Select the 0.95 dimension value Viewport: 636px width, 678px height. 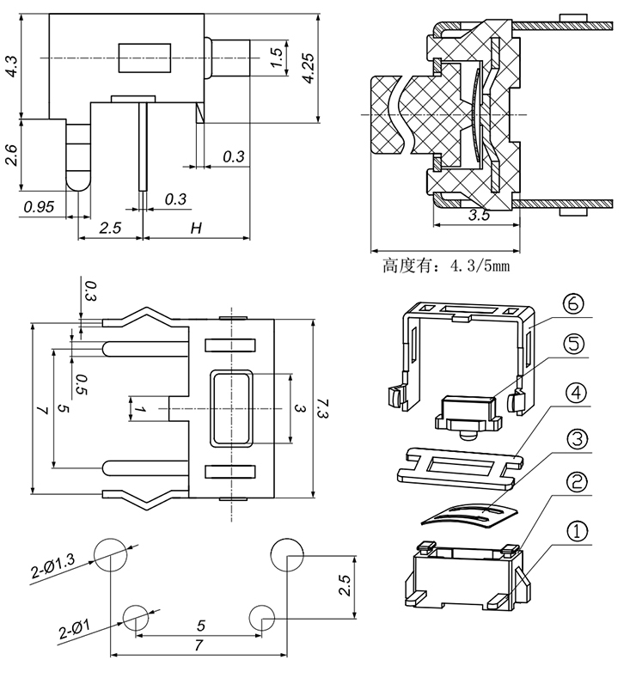point(40,207)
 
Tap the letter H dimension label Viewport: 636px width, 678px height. point(196,228)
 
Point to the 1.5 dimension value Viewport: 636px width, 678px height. point(277,57)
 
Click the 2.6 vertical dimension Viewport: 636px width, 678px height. point(10,155)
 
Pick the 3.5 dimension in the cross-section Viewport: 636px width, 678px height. point(479,216)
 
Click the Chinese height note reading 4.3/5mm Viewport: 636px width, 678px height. point(446,266)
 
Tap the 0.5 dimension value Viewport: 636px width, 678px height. point(81,383)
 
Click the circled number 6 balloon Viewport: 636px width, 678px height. point(575,305)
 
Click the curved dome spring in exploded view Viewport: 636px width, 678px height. point(468,514)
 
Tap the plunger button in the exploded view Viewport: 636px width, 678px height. point(468,412)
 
